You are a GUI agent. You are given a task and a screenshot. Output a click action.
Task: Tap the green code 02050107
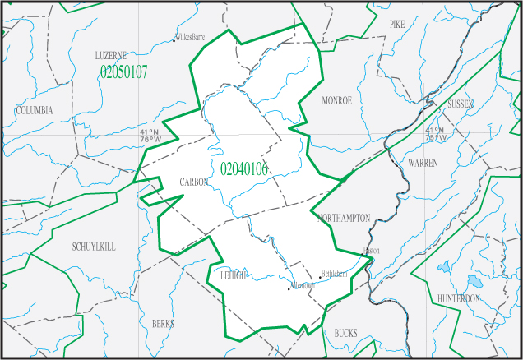123,72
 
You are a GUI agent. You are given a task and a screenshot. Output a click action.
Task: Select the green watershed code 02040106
244,169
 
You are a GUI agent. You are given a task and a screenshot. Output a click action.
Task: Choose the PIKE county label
398,25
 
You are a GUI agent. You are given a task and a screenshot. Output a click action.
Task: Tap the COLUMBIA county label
34,110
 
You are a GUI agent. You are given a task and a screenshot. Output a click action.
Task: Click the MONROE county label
337,100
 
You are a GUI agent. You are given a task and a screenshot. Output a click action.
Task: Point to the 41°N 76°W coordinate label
150,136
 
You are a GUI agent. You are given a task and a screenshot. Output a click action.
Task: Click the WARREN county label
423,164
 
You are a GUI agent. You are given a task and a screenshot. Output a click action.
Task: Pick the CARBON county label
194,182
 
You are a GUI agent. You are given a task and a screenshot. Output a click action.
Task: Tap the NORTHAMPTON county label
344,218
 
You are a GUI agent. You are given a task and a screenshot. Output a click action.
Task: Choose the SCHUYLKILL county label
95,247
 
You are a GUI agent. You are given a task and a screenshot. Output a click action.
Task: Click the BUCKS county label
346,333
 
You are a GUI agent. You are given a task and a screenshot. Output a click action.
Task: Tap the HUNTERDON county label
459,298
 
